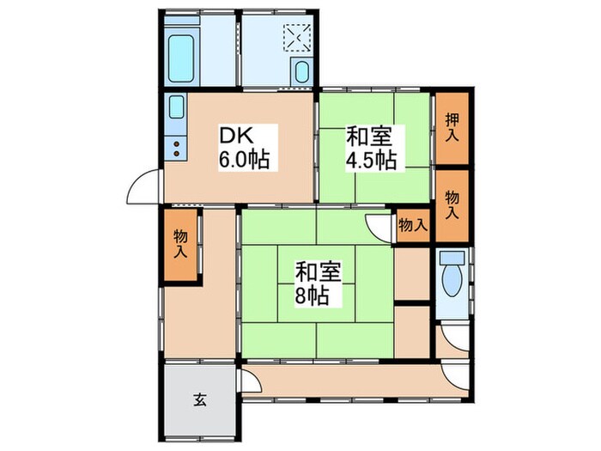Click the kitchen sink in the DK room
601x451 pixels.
pos(176,109)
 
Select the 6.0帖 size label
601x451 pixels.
pos(239,160)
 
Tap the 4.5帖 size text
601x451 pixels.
pos(371,160)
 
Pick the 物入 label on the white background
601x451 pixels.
pos(413,225)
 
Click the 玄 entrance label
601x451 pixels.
pos(198,399)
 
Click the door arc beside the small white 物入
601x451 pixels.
pos(379,226)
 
